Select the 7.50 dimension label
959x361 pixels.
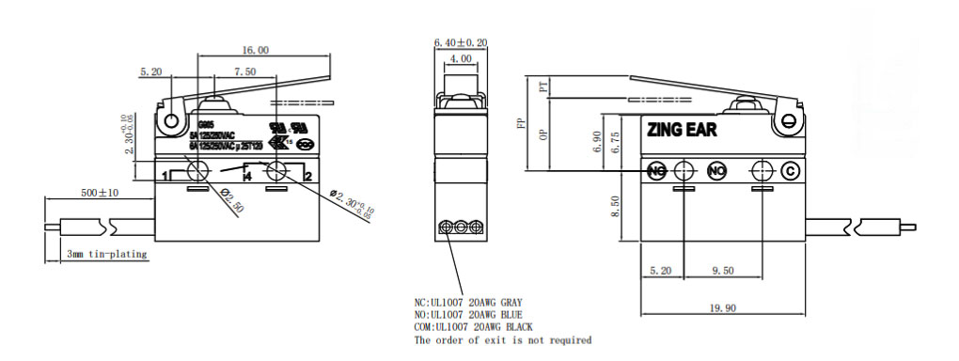tap(244, 71)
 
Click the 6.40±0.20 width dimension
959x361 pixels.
tap(461, 43)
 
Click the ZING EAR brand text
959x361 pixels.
tap(682, 131)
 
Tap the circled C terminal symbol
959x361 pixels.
tap(791, 170)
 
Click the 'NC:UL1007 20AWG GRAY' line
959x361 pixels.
tap(468, 302)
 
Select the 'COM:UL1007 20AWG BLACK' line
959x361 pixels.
tap(474, 326)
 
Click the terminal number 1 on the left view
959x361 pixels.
tap(165, 176)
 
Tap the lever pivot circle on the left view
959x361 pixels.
tap(171, 120)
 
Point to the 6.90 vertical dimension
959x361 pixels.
tap(596, 142)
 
